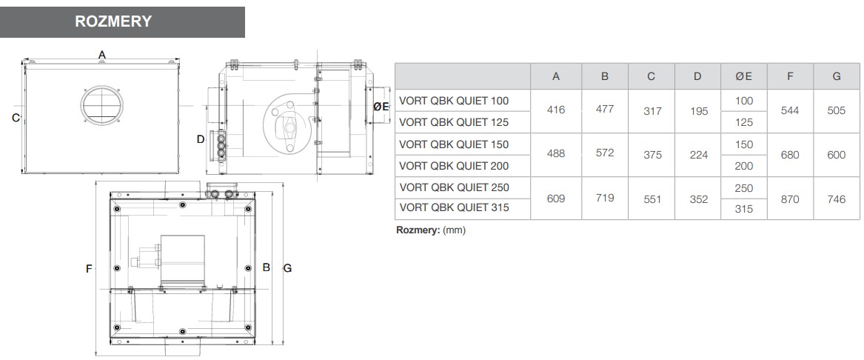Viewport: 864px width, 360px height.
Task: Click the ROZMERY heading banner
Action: coord(122,22)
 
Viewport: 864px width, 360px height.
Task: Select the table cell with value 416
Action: coord(556,110)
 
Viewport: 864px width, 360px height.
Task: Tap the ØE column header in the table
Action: coord(744,76)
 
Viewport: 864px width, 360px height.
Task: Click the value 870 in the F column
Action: coord(790,199)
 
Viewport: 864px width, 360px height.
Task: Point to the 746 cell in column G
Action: coord(836,199)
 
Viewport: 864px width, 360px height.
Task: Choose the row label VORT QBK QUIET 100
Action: coord(454,101)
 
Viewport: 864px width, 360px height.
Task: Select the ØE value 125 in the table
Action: coord(744,122)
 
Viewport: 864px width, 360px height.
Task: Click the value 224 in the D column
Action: coord(698,155)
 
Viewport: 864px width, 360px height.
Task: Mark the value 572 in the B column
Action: coord(604,153)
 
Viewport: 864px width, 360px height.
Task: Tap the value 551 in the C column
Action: coord(652,199)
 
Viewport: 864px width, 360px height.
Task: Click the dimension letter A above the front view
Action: coord(102,55)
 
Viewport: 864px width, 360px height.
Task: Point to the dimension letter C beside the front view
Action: coord(16,118)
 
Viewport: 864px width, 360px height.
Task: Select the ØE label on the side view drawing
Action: coord(381,107)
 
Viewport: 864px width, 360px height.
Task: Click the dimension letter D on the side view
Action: coord(201,139)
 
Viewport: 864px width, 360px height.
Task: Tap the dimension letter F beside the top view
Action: coord(89,269)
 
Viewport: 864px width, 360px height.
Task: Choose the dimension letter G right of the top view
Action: coord(287,268)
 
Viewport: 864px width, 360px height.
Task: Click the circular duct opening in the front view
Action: coord(102,104)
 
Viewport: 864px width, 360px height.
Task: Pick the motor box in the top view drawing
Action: coord(182,261)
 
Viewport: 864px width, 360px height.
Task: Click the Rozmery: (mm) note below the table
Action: coord(431,230)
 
